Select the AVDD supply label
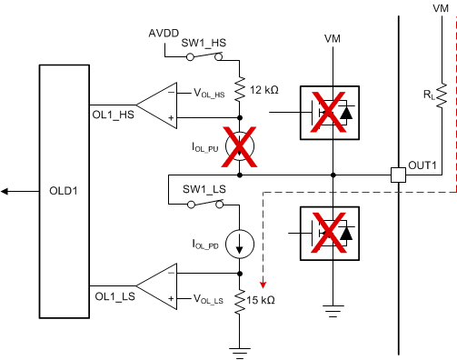(167, 34)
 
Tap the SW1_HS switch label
(204, 41)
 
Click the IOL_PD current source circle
(239, 244)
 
